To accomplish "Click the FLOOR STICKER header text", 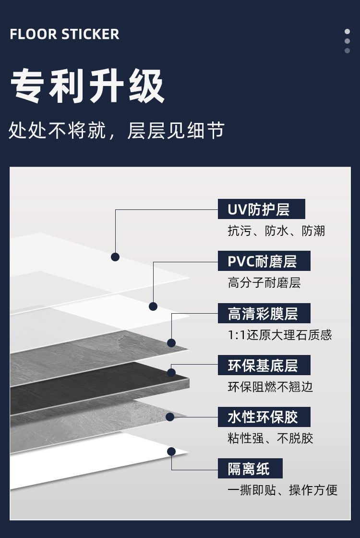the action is (64, 34).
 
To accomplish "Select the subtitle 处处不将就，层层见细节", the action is (117, 130).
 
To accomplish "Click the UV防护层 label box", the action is (261, 209).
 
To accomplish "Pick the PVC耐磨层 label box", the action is (264, 261).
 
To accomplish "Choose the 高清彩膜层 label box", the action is (264, 313).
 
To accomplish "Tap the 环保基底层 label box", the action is (264, 365).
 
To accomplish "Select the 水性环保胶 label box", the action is (264, 417).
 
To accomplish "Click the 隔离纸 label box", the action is (250, 468).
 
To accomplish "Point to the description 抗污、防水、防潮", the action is (276, 231).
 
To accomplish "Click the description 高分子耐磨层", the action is (264, 283).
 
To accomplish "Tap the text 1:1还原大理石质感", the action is (280, 335).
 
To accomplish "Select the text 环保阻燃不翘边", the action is (270, 387).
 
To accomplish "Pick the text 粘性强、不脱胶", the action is (270, 438).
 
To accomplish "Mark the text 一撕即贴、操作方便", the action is (283, 490).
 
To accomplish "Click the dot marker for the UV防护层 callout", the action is (115, 257).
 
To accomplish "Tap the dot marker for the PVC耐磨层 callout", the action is (153, 306).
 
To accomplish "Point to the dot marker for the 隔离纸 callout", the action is (171, 451).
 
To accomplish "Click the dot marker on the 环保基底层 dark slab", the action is (171, 372).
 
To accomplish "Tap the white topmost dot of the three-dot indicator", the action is (347, 32).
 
